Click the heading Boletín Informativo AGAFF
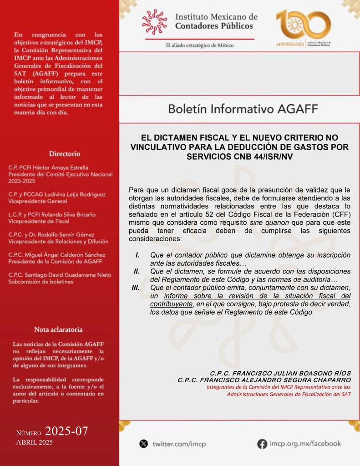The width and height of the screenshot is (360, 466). [x=243, y=109]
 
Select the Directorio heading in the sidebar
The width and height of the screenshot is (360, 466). [x=64, y=154]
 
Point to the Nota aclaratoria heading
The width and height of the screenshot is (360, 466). [x=58, y=329]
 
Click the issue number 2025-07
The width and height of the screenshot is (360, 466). [x=66, y=431]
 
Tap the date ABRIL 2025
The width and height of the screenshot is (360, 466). [x=35, y=442]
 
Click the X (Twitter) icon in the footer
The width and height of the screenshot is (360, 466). [x=144, y=443]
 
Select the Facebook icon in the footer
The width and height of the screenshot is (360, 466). [x=262, y=443]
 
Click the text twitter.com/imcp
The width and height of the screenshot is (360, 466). [x=179, y=444]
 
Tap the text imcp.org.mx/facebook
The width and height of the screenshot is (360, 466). [x=305, y=443]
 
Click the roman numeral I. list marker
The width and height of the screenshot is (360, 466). [x=137, y=255]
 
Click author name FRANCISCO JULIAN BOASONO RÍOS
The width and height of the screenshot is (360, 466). [x=280, y=373]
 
